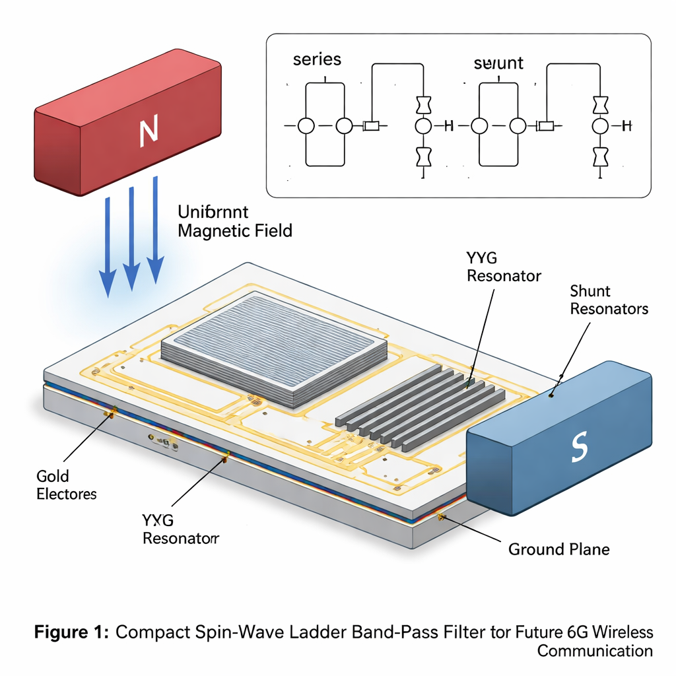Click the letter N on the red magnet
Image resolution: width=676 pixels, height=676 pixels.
point(149,130)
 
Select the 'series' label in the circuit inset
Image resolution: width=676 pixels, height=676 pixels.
point(317,59)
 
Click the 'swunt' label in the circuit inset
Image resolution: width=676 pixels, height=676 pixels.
point(498,63)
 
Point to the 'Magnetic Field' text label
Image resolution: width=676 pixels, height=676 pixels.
point(235,231)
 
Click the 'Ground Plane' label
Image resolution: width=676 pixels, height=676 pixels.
point(558,549)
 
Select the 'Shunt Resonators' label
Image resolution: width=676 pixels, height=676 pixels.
point(609,300)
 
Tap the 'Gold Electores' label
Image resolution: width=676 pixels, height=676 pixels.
point(66,485)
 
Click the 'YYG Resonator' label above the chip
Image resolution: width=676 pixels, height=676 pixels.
point(504,267)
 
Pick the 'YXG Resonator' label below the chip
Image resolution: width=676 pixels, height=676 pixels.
point(180,529)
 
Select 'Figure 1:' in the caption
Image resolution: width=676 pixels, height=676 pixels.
point(71,632)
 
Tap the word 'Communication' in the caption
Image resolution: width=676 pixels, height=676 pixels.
point(594,651)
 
